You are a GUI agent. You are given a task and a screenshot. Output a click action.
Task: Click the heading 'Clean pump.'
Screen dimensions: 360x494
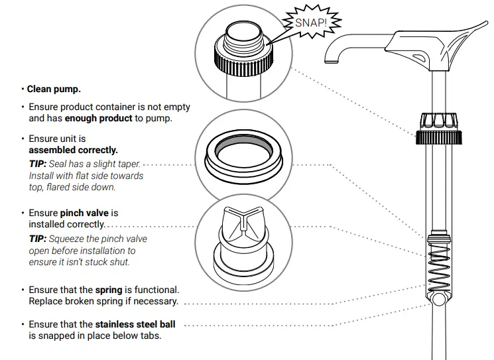[x=54, y=89]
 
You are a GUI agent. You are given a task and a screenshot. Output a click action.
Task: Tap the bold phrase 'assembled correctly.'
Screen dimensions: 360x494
[x=74, y=150]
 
